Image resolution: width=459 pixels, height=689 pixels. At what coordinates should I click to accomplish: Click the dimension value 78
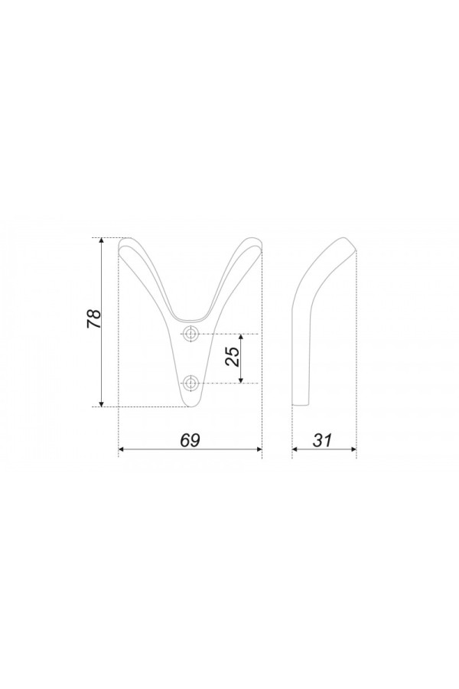click(x=94, y=319)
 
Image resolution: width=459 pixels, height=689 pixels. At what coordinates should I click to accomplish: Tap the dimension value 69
click(x=190, y=440)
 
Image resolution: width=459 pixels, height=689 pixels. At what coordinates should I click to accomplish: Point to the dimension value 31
click(x=322, y=440)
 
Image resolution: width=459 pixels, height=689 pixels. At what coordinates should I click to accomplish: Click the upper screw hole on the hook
click(x=190, y=334)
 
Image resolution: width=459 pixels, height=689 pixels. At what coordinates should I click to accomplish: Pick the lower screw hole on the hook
click(x=190, y=384)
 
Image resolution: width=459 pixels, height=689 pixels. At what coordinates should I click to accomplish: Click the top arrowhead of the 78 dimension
click(x=102, y=241)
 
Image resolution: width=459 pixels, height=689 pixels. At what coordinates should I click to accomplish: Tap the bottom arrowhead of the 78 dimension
click(x=102, y=403)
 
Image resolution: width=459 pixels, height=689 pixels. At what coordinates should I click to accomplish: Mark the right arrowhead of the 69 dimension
click(x=259, y=449)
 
